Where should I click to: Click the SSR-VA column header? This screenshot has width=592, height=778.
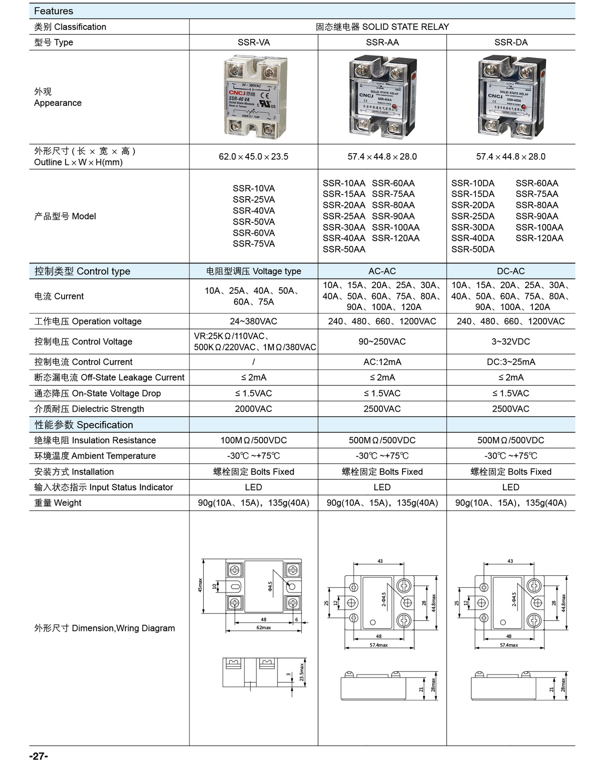(254, 43)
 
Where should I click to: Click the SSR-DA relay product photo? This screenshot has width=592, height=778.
(511, 97)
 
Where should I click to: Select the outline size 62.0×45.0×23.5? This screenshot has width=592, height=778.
(254, 157)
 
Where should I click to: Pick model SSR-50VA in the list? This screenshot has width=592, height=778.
(254, 222)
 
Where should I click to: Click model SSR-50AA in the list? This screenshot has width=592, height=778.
(344, 250)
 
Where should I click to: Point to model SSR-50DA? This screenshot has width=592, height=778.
(473, 250)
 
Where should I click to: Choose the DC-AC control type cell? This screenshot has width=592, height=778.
(511, 271)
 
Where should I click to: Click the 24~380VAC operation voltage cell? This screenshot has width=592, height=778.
(254, 321)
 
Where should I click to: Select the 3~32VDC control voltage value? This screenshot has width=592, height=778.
(511, 342)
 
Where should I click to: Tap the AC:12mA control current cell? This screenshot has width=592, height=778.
(382, 362)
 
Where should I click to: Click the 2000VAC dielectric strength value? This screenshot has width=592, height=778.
(254, 409)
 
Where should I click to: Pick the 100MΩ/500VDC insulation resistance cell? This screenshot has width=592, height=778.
(254, 440)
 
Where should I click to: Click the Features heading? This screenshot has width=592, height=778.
(54, 11)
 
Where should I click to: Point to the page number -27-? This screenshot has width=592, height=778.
(39, 757)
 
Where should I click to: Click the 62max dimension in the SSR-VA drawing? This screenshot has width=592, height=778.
(263, 628)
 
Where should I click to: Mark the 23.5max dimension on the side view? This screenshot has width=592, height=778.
(301, 672)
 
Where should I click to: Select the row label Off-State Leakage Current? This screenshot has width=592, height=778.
(109, 378)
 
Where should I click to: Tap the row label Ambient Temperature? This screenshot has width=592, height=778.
(95, 456)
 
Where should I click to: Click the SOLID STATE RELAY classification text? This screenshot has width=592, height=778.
(382, 27)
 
